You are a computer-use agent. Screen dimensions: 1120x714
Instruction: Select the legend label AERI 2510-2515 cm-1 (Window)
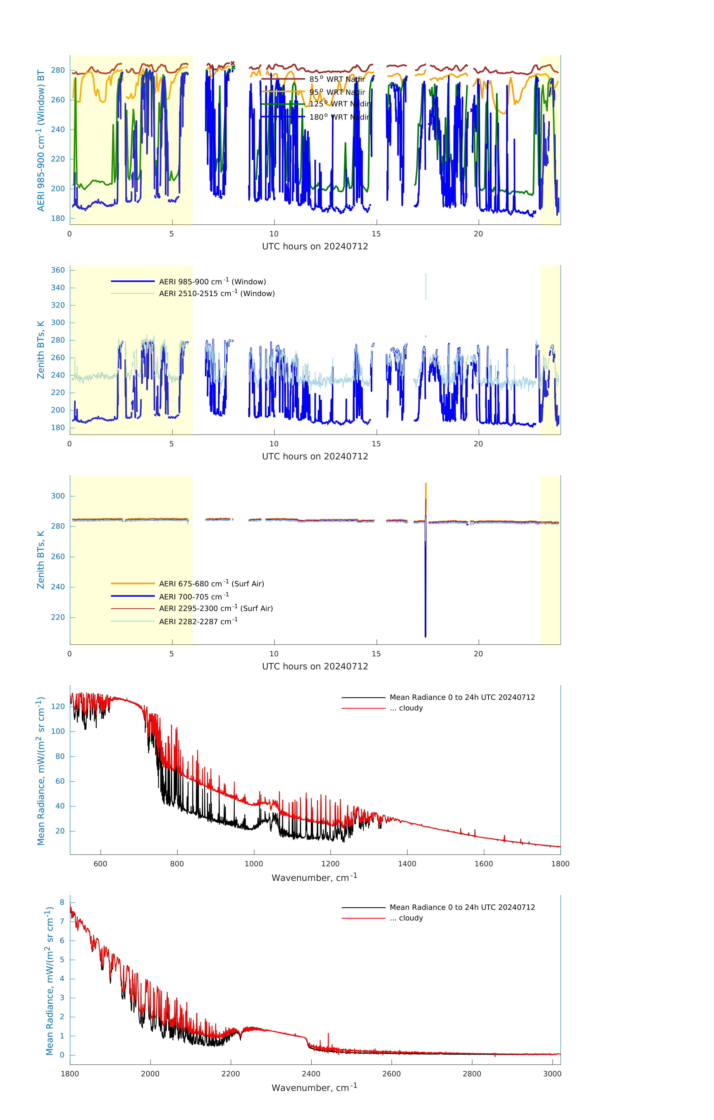click(217, 293)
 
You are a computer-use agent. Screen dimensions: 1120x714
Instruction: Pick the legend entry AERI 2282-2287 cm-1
click(198, 621)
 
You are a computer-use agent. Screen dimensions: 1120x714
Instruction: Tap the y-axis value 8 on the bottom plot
click(62, 902)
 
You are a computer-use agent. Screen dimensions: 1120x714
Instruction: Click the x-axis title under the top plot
click(315, 247)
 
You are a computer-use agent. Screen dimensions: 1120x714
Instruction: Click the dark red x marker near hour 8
click(233, 63)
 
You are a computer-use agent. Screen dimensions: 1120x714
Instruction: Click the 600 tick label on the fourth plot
click(100, 864)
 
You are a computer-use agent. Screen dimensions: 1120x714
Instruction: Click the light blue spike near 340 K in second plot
click(426, 286)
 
